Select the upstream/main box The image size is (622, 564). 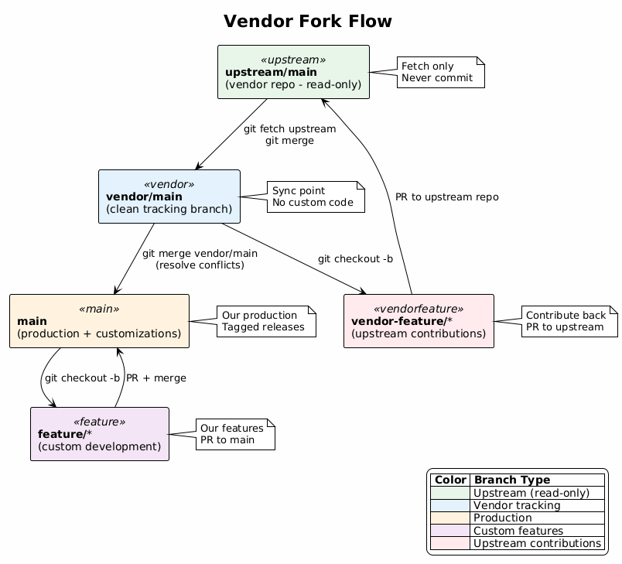pyautogui.click(x=293, y=72)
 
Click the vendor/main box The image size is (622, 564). pyautogui.click(x=169, y=197)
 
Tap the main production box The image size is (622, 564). pyautogui.click(x=99, y=321)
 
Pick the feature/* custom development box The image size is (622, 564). pyautogui.click(x=99, y=434)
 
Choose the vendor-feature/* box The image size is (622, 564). pyautogui.click(x=419, y=321)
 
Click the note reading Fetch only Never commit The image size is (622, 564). pyautogui.click(x=440, y=72)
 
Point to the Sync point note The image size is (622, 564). pyautogui.click(x=316, y=197)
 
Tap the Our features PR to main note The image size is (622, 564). pyautogui.click(x=235, y=434)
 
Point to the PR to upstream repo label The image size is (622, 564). pyautogui.click(x=446, y=197)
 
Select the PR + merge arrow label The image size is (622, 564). pyautogui.click(x=155, y=378)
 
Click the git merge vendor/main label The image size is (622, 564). pyautogui.click(x=200, y=259)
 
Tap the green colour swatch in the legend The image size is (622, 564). pyautogui.click(x=449, y=494)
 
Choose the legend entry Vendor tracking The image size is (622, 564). pyautogui.click(x=516, y=506)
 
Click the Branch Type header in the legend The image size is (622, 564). pyautogui.click(x=511, y=480)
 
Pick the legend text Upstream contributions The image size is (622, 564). pyautogui.click(x=537, y=543)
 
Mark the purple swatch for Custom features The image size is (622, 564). pyautogui.click(x=449, y=531)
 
